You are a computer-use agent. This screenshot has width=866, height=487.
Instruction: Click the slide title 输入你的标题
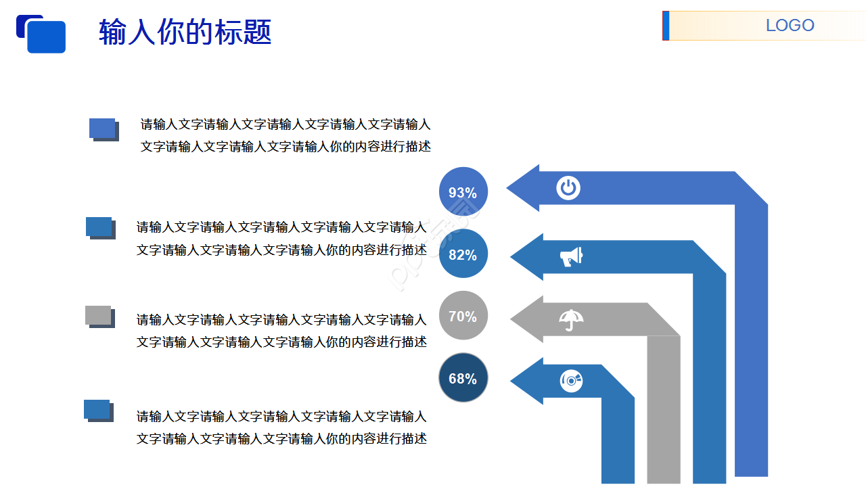coord(185,32)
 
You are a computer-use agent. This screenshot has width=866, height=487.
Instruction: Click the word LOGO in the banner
coord(790,26)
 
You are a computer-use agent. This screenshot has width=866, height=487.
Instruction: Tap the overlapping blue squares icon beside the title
coord(41,34)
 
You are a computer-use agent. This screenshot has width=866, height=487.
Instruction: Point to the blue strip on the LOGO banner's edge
coord(666,26)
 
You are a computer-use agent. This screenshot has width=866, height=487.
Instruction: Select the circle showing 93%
coord(463,192)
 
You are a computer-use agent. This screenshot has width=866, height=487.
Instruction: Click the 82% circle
coord(463,254)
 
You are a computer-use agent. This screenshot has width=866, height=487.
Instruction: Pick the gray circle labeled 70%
coord(463,316)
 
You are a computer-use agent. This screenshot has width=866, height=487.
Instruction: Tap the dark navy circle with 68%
coord(463,378)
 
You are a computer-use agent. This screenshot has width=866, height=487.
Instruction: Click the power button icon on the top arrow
coord(568,187)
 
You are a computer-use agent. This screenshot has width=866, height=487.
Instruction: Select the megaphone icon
coord(571,256)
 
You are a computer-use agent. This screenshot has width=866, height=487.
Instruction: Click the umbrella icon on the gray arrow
coord(572,319)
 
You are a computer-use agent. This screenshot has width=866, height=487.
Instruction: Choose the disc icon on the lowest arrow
coord(571,381)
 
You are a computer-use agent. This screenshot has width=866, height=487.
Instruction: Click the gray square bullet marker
coord(99,316)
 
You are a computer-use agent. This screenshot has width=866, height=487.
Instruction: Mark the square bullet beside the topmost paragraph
coord(103,129)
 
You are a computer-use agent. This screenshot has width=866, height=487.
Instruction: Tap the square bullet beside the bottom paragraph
coord(97,410)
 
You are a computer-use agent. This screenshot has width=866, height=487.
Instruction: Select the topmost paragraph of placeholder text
coord(285,135)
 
